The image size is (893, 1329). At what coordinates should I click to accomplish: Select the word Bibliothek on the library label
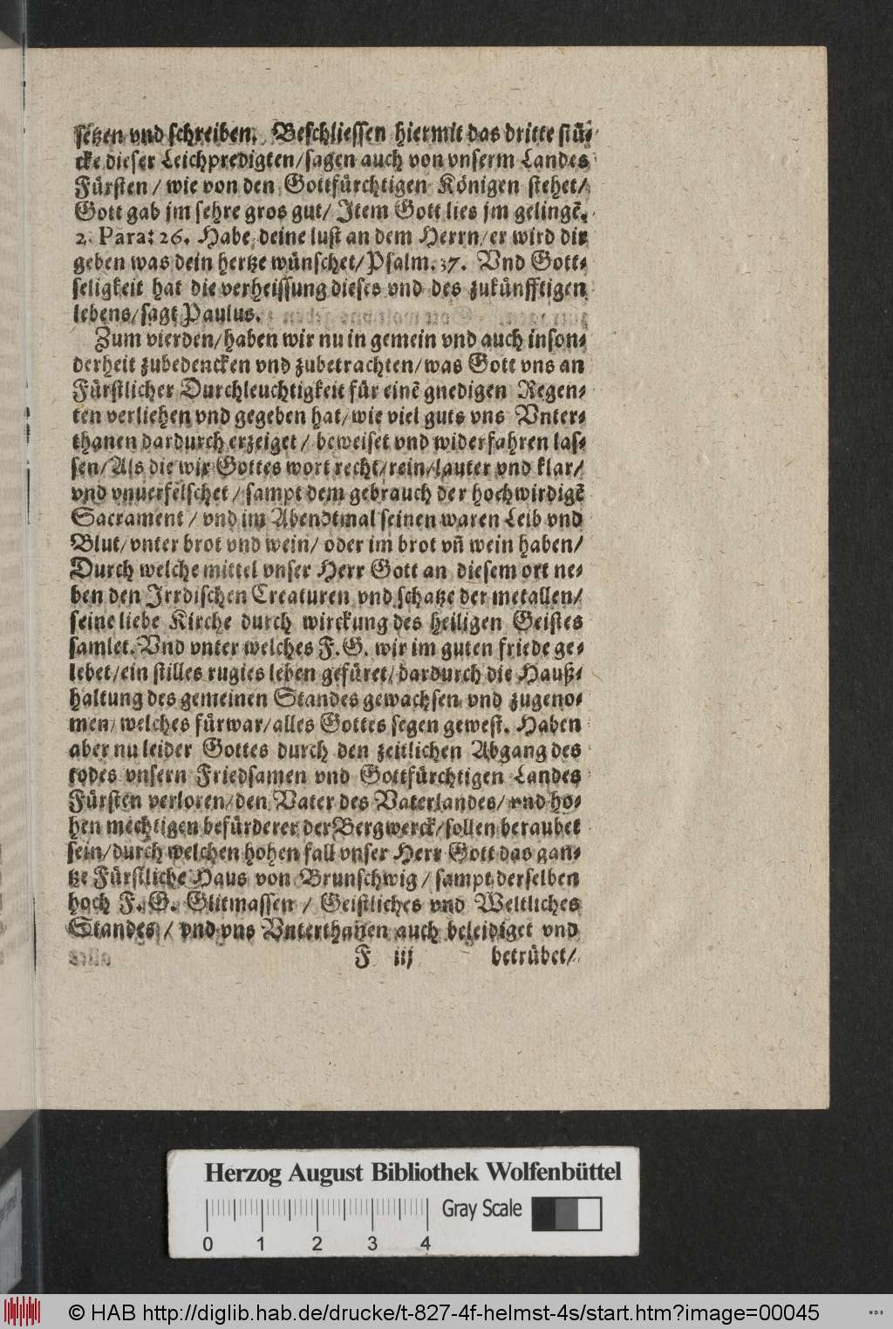(x=433, y=1171)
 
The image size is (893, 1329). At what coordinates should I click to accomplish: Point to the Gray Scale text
(x=482, y=1209)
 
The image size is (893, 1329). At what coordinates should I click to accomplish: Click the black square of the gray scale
(x=543, y=1213)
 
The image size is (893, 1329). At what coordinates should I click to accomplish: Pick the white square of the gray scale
(x=590, y=1213)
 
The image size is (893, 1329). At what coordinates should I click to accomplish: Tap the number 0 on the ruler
(x=208, y=1243)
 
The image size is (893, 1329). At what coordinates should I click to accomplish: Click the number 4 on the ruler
(x=426, y=1243)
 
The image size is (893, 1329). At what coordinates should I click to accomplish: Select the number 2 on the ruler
(x=317, y=1243)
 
